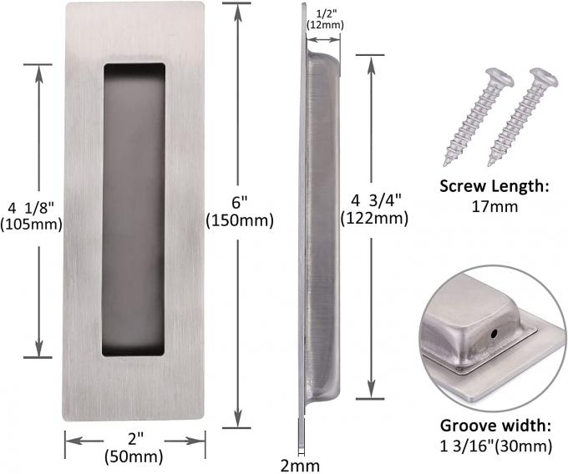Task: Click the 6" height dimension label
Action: point(240,203)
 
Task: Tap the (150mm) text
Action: point(240,220)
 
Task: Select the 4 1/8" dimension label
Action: point(31,208)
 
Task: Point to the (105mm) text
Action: point(31,224)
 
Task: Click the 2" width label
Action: point(134,440)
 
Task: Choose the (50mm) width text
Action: point(134,456)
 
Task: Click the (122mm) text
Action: point(374,219)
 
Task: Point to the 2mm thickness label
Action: point(301,466)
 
